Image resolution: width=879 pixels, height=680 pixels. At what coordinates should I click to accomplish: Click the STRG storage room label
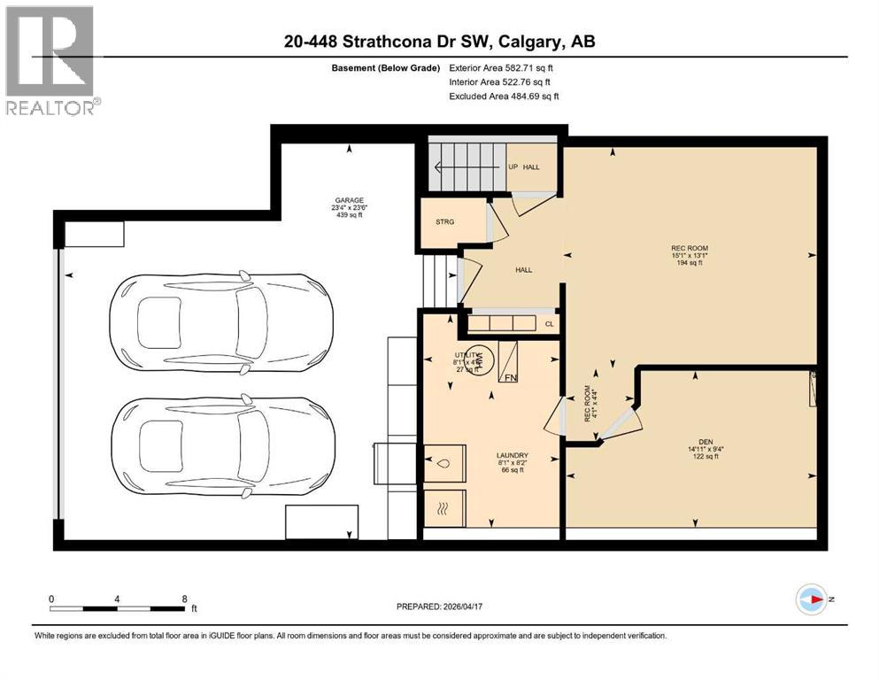coord(445,222)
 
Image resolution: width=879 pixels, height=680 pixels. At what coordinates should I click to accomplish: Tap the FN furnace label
coord(511,377)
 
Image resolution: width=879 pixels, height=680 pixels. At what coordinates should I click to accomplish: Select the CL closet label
coord(550,325)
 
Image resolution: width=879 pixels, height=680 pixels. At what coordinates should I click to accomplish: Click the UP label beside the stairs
coord(513,166)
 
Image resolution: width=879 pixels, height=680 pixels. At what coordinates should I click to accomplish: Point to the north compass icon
coord(810,599)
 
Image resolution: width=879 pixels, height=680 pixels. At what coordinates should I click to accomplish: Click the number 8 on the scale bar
coord(184,598)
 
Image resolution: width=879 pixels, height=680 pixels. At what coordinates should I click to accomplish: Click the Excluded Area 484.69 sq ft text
coord(505,96)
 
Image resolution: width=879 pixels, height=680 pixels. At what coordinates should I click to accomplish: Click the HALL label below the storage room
coord(523,269)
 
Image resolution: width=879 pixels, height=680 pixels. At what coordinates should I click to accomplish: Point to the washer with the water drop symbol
coord(445,462)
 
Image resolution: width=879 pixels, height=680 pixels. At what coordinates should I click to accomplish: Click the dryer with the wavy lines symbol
coord(445,509)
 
